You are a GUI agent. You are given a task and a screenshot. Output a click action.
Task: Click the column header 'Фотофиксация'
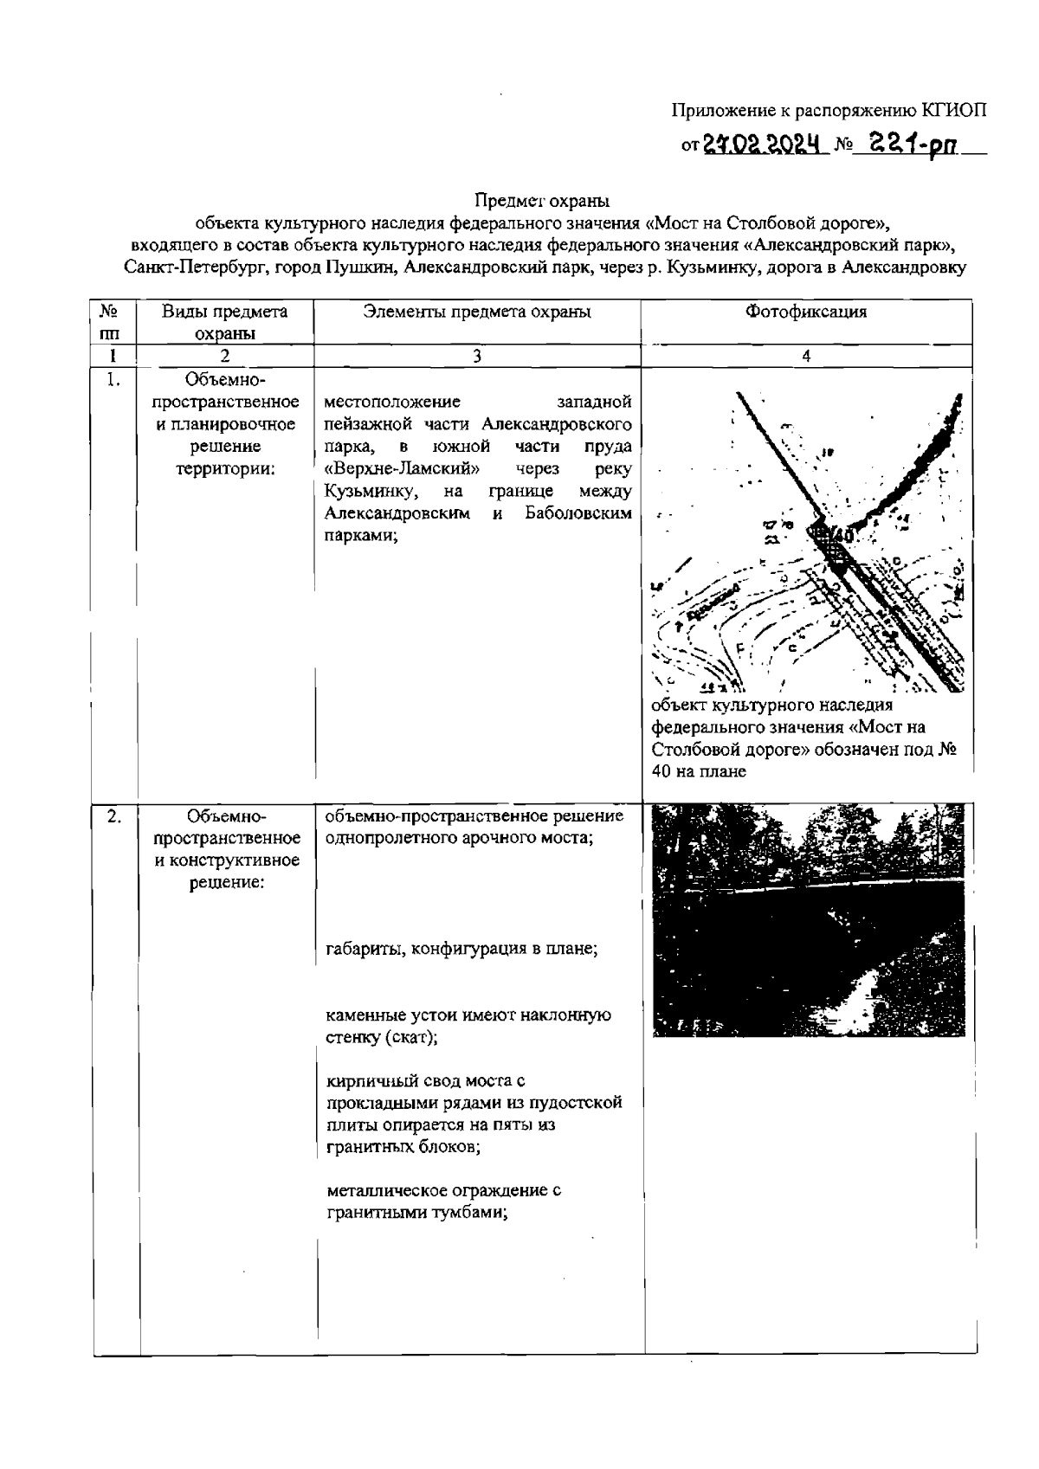805,312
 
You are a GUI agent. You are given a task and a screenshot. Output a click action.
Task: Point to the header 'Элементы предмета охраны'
477,312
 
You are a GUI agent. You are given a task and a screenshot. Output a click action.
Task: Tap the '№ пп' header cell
110,321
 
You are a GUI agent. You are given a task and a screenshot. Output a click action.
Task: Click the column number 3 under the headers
477,356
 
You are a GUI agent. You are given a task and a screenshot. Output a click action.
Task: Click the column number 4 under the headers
806,356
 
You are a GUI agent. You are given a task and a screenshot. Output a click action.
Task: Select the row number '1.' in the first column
113,379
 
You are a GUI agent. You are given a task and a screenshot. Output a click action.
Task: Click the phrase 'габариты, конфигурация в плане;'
461,948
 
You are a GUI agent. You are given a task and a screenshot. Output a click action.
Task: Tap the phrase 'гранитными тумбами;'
416,1213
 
